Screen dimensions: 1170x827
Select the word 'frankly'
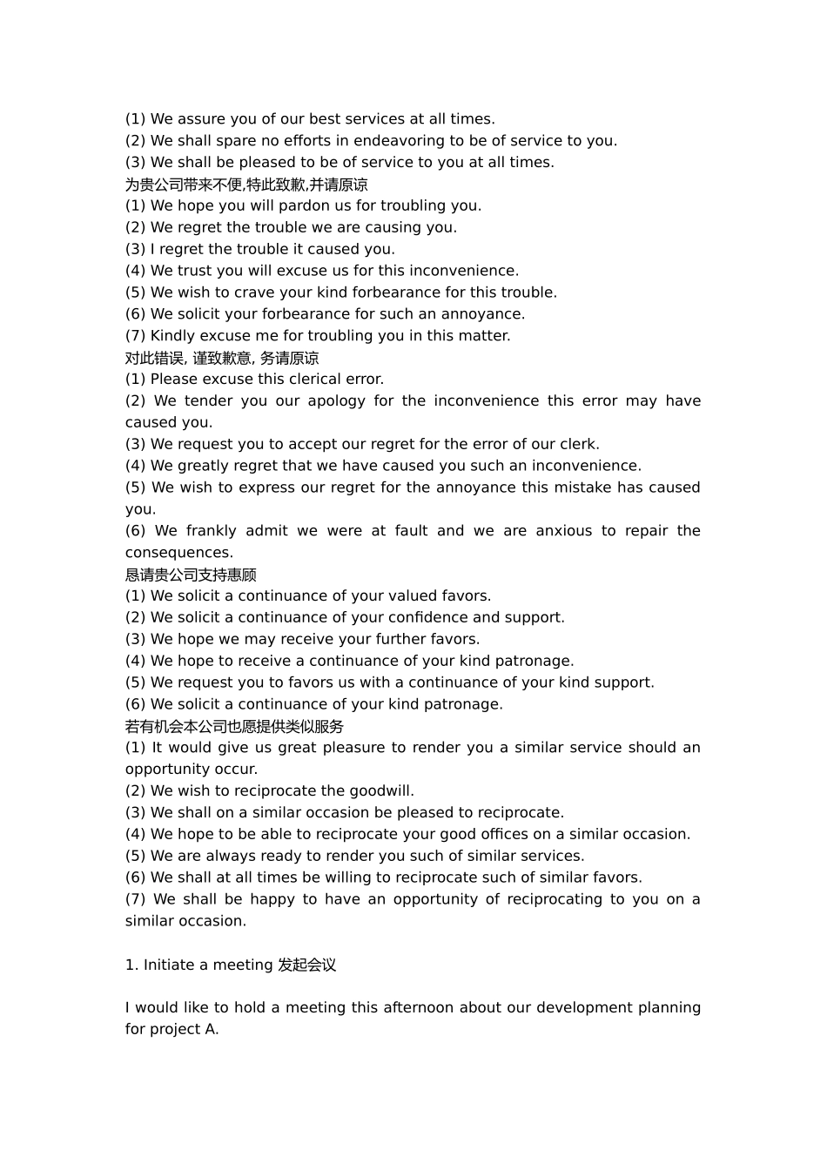click(211, 531)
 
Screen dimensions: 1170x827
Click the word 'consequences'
click(178, 553)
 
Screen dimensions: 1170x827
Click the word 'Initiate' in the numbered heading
click(169, 965)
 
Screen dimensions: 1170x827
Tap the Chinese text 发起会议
click(306, 965)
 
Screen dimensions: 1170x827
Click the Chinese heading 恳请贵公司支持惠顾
click(191, 575)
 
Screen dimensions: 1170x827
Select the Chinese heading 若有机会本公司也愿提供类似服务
click(234, 726)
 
